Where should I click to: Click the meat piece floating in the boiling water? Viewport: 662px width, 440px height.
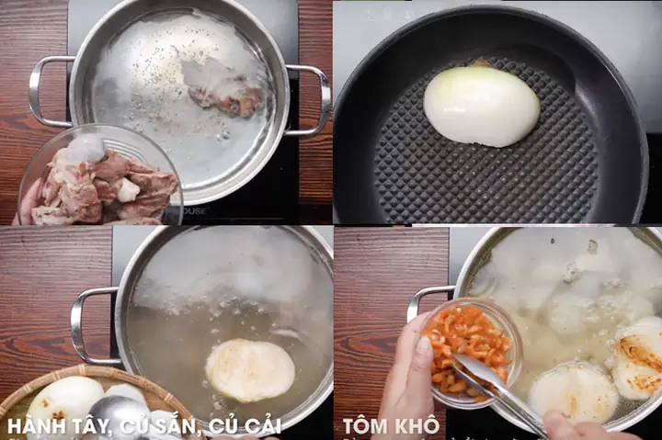(224, 95)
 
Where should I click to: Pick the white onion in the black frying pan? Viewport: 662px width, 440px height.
(481, 106)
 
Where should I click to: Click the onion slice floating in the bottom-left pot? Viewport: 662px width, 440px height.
(249, 369)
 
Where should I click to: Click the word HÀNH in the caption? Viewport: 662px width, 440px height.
(37, 426)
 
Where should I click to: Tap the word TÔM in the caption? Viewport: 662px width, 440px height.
(365, 426)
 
